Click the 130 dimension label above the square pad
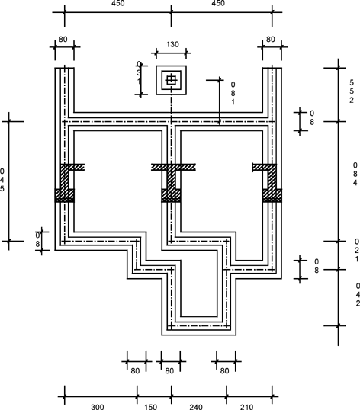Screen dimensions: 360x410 pyautogui.click(x=172, y=44)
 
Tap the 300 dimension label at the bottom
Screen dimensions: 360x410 pyautogui.click(x=98, y=407)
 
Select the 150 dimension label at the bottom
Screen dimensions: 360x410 pyautogui.click(x=151, y=407)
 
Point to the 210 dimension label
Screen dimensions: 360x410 pyautogui.click(x=246, y=407)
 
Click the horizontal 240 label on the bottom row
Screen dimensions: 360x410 pyautogui.click(x=196, y=407)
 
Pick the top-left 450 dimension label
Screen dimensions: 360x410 pyautogui.click(x=118, y=3)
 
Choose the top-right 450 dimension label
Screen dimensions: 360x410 pyautogui.click(x=218, y=3)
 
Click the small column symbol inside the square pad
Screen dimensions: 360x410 pyautogui.click(x=171, y=80)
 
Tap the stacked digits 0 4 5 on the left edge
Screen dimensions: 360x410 pyautogui.click(x=2, y=180)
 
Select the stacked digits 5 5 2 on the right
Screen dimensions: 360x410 pyautogui.click(x=352, y=91)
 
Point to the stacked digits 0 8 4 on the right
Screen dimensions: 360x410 pyautogui.click(x=355, y=174)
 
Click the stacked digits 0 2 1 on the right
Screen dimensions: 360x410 pyautogui.click(x=357, y=250)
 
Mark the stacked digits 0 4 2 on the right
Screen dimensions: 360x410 pyautogui.click(x=358, y=294)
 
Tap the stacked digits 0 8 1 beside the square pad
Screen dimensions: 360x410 pyautogui.click(x=233, y=93)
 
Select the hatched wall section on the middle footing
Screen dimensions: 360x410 pyautogui.click(x=172, y=183)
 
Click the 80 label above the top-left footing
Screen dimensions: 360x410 pyautogui.click(x=63, y=39)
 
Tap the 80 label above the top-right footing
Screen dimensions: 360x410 pyautogui.click(x=271, y=39)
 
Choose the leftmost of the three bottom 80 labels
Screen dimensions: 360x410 pyautogui.click(x=135, y=371)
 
